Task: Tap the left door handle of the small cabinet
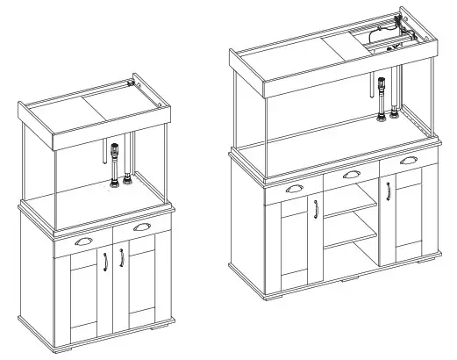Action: pyautogui.click(x=105, y=261)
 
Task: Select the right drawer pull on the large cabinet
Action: pyautogui.click(x=408, y=162)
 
